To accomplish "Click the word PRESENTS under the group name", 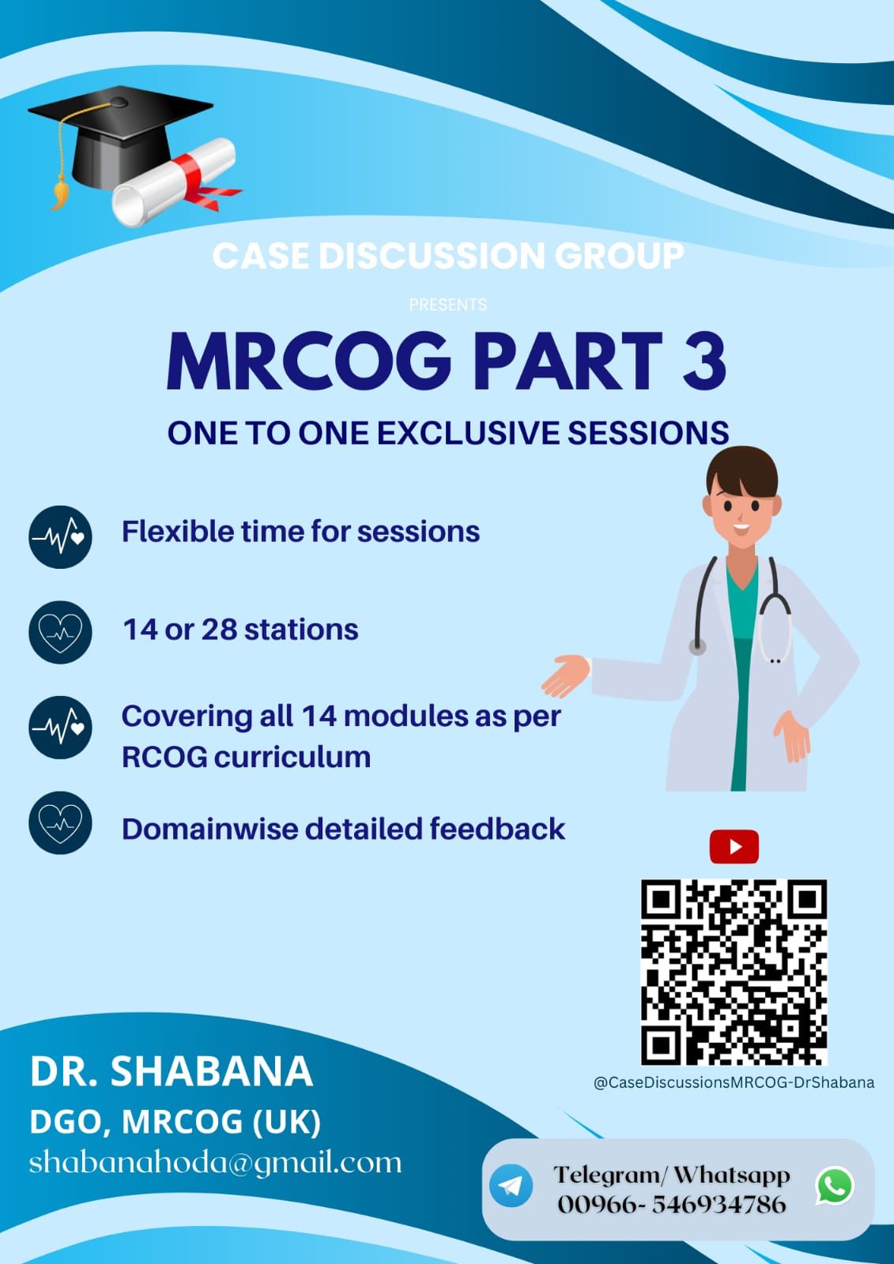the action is click(x=448, y=305).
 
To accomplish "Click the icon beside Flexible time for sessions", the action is click(x=60, y=536).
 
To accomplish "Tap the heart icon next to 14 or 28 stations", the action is click(x=60, y=632).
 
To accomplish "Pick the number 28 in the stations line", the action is click(x=219, y=629).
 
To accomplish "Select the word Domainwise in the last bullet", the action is click(x=209, y=829).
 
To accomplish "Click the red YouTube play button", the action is click(x=734, y=846).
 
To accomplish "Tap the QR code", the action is click(x=734, y=972).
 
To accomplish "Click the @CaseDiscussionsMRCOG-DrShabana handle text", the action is click(x=734, y=1082).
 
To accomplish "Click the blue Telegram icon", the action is click(x=511, y=1186).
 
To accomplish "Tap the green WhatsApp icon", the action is click(x=835, y=1185).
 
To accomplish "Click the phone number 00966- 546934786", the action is click(x=672, y=1205).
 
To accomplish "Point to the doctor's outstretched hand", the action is click(x=565, y=675).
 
